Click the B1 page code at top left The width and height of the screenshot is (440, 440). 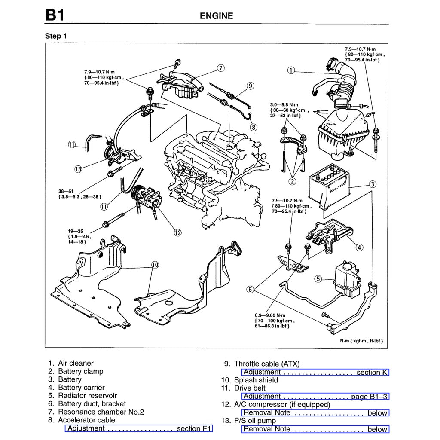click(x=55, y=15)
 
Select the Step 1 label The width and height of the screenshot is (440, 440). click(x=56, y=36)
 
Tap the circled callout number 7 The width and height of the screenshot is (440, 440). click(x=220, y=68)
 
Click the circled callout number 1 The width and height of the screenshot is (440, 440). click(x=291, y=70)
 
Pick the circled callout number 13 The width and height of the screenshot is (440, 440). click(x=78, y=169)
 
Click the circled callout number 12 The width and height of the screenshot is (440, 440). click(x=177, y=232)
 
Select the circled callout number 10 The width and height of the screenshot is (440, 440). click(x=155, y=265)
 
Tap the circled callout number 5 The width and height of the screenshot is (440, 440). click(x=318, y=279)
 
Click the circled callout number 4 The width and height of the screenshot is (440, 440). click(x=359, y=247)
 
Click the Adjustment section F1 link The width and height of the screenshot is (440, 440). click(x=139, y=428)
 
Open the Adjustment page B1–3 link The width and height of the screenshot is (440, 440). click(x=315, y=397)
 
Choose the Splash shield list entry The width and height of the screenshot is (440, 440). click(x=256, y=380)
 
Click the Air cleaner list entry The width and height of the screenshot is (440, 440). click(x=76, y=363)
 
